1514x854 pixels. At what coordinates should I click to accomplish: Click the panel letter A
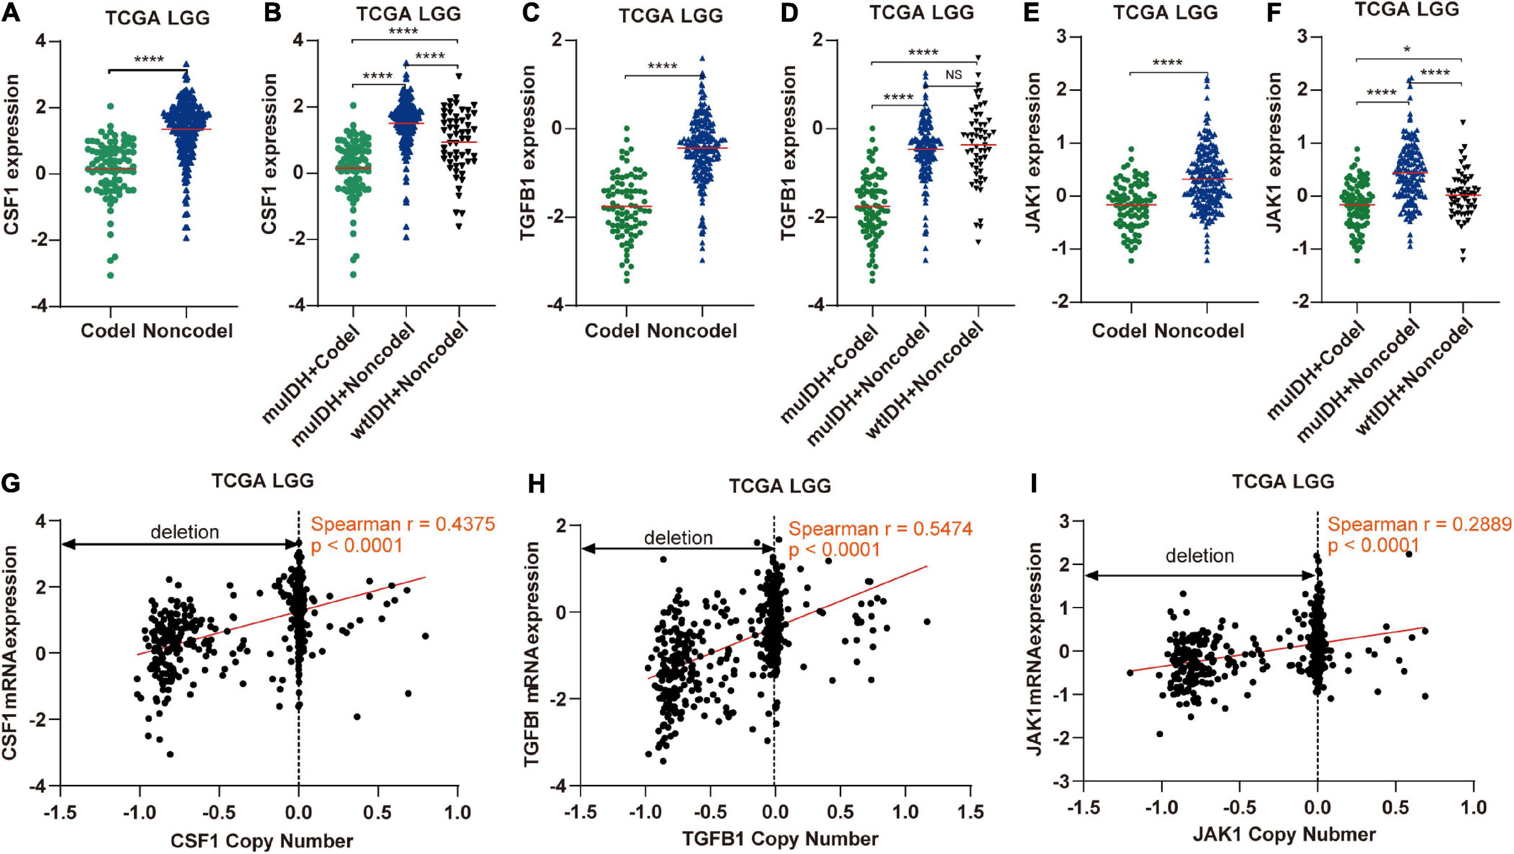(x=11, y=13)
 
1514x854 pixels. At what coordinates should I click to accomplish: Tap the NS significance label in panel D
(x=953, y=74)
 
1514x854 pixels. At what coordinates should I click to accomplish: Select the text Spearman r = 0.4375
(x=403, y=524)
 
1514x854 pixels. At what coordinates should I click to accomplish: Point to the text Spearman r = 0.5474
(x=880, y=529)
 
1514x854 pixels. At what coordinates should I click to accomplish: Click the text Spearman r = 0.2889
(x=1420, y=524)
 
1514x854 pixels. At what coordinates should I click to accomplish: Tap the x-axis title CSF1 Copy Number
(x=262, y=841)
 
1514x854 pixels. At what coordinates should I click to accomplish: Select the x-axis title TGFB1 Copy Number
(x=780, y=838)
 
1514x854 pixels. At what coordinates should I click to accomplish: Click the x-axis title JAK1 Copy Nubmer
(x=1284, y=835)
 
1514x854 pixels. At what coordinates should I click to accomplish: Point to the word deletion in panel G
(x=185, y=532)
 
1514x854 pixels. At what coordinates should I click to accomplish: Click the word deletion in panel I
(x=1200, y=555)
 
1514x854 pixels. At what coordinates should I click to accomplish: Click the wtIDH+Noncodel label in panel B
(x=410, y=382)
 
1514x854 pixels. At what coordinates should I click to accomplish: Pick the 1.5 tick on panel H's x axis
(x=971, y=812)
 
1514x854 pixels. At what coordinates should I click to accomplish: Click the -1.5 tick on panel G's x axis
(x=60, y=812)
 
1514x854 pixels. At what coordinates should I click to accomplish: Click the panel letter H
(x=537, y=485)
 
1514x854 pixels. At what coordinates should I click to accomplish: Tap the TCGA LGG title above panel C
(x=670, y=16)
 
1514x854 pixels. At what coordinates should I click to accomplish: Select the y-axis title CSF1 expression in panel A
(x=12, y=154)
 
